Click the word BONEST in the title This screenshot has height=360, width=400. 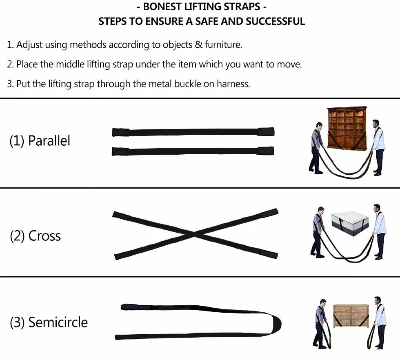[162, 7]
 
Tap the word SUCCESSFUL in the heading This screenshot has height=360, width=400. [275, 22]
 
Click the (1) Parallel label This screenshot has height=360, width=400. [40, 140]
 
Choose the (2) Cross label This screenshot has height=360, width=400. [35, 236]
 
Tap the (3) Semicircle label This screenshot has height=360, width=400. [49, 322]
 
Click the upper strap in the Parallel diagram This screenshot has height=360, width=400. [193, 132]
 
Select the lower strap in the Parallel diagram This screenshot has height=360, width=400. [193, 151]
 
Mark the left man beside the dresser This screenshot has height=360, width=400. [321, 324]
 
